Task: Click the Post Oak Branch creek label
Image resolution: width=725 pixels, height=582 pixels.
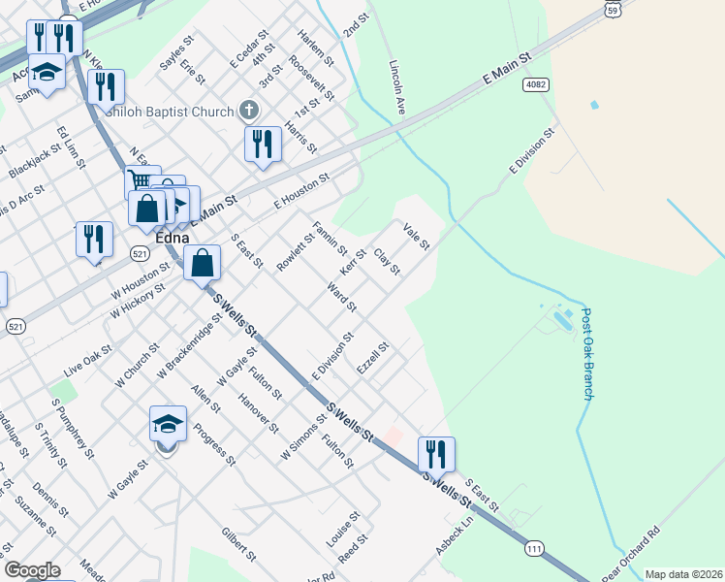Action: point(587,354)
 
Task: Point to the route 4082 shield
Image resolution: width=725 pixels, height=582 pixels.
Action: point(535,85)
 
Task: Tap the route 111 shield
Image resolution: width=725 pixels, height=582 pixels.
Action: point(532,549)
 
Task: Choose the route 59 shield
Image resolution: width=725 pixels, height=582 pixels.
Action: point(612,9)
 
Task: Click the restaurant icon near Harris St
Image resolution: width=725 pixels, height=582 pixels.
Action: point(263,144)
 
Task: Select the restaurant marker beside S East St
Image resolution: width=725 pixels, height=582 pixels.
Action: point(436,453)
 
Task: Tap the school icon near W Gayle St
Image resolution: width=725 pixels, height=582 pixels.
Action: point(168,424)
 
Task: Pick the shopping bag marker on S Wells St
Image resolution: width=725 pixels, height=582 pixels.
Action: point(203,262)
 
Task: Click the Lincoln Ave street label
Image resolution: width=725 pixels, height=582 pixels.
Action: point(397,84)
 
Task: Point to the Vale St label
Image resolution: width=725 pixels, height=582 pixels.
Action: point(416,236)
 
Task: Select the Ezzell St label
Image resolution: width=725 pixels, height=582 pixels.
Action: point(373,360)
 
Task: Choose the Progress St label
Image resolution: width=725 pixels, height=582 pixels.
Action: point(214,444)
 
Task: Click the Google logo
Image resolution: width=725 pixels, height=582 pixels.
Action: point(32,570)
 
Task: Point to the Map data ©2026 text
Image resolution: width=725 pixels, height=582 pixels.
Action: point(684,574)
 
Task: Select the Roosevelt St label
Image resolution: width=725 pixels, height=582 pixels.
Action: point(318,82)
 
